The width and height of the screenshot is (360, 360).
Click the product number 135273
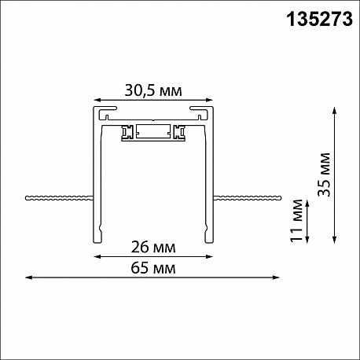pyautogui.click(x=320, y=19)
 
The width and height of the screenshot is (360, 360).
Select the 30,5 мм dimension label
pyautogui.click(x=153, y=91)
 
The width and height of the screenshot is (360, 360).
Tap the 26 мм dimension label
pyautogui.click(x=153, y=247)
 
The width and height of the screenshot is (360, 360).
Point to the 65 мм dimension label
pyautogui.click(x=153, y=268)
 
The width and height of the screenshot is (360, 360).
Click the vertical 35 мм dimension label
pyautogui.click(x=324, y=174)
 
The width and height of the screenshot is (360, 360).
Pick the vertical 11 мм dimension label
pyautogui.click(x=296, y=221)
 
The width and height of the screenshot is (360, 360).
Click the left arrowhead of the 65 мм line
pyautogui.click(x=29, y=277)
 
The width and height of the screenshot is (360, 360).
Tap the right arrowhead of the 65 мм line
pyautogui.click(x=276, y=277)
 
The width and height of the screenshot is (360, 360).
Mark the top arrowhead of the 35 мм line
pyautogui.click(x=334, y=110)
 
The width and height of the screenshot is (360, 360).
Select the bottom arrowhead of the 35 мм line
pyautogui.click(x=334, y=240)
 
